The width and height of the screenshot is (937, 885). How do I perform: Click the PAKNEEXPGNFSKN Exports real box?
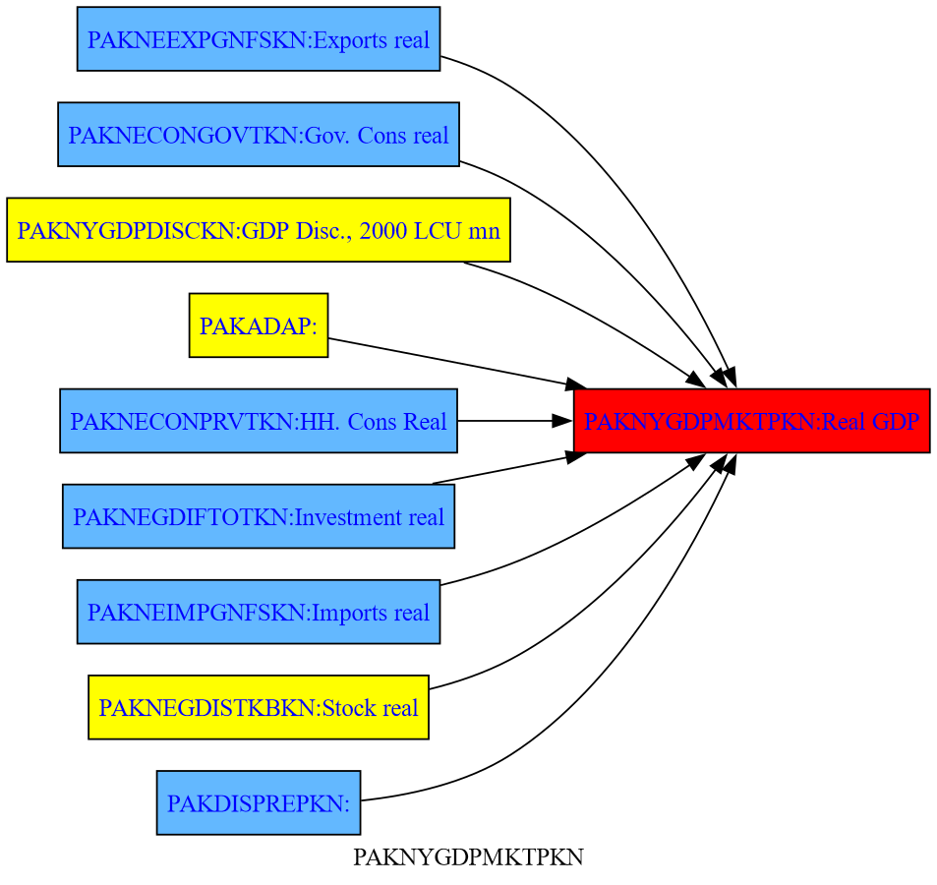coord(258,39)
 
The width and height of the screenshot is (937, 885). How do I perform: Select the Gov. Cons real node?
coord(258,135)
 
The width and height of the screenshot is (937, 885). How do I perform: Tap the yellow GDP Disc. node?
coord(258,230)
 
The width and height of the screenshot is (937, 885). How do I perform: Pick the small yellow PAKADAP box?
coord(258,325)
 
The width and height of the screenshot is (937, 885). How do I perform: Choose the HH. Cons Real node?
coord(258,421)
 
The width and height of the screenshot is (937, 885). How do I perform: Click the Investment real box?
coord(258,516)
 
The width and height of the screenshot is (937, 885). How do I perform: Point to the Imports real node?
coord(258,612)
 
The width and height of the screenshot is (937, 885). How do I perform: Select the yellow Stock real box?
coord(258,707)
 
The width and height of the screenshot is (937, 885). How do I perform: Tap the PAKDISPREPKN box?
coord(258,802)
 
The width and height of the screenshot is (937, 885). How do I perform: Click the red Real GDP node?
coord(751,421)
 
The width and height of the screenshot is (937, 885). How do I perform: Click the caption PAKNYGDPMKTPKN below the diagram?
coord(468,858)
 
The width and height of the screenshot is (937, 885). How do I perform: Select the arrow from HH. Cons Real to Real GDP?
coord(511,421)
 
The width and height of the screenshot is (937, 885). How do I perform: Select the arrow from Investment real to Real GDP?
coord(501,469)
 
